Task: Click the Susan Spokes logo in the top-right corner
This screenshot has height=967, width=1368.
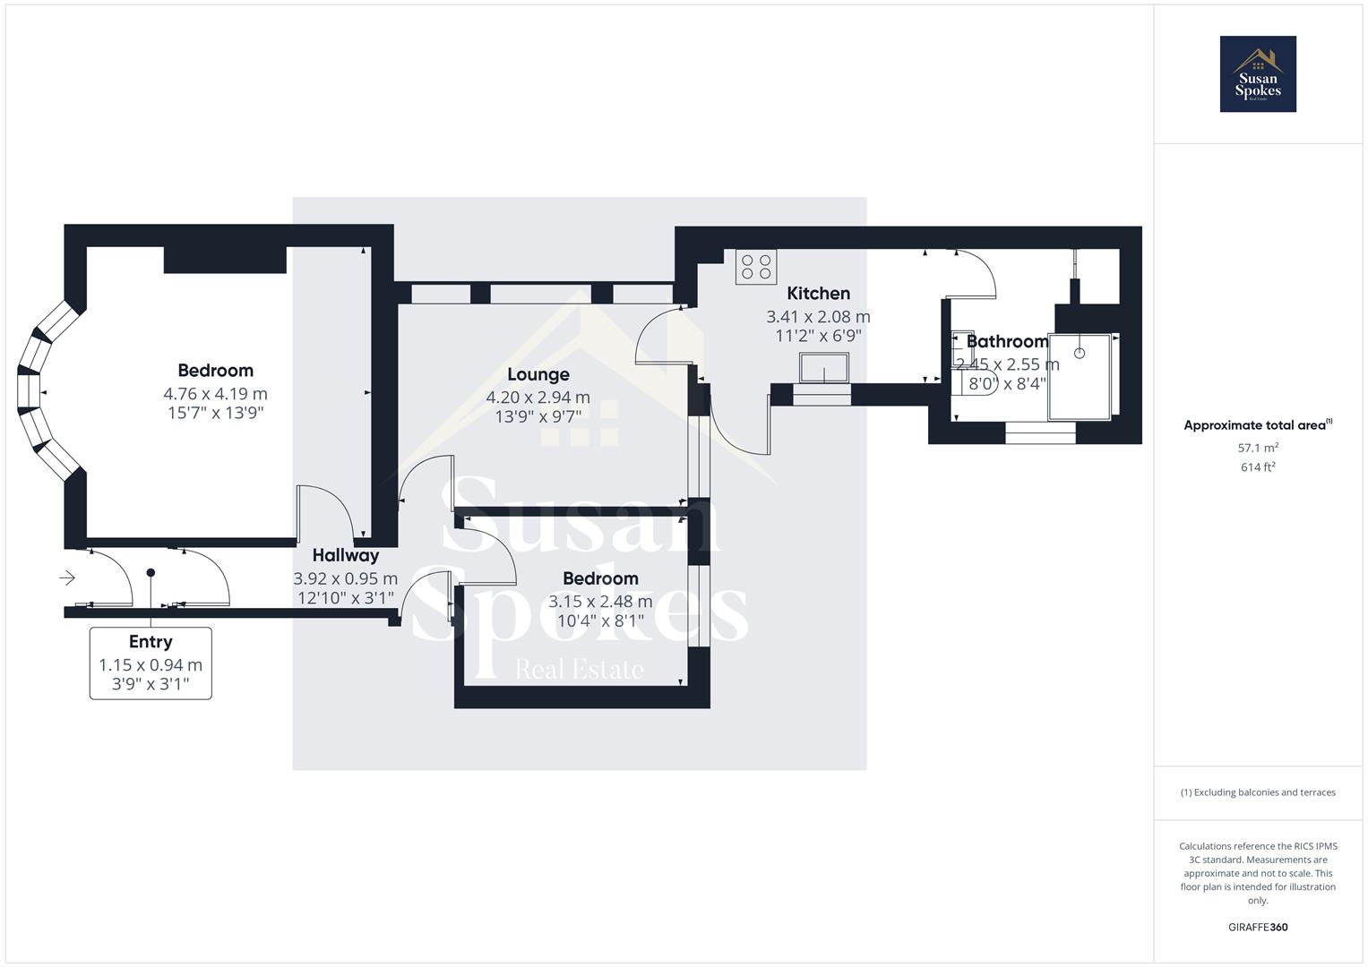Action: point(1258,74)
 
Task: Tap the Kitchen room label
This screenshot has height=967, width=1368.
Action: point(818,294)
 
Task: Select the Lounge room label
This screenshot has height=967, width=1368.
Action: point(538,374)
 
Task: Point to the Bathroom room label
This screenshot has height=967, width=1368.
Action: point(1007,341)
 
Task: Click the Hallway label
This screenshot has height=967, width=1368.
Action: point(346,555)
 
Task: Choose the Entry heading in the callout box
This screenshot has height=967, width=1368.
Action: point(151,642)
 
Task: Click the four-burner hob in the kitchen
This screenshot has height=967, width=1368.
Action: point(756,267)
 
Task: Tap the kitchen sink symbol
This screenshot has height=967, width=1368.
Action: point(824,367)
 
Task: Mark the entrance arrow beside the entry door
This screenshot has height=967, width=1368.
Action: point(67,578)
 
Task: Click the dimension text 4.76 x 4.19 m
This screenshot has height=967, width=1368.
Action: point(215,394)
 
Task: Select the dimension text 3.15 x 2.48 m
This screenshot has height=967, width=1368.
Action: point(600,602)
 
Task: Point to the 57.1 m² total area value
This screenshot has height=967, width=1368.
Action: point(1258,448)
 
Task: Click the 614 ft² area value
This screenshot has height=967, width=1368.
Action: point(1258,467)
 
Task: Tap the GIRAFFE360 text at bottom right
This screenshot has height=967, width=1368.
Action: point(1258,928)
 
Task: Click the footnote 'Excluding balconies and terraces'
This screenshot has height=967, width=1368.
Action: point(1258,792)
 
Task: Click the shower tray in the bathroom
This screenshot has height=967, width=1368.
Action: point(1080,376)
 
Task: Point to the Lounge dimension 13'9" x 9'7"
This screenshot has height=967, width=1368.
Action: point(538,416)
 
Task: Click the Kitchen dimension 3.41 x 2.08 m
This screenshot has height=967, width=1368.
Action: point(818,317)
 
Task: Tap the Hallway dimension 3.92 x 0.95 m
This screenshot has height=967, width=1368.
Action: point(346,578)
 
